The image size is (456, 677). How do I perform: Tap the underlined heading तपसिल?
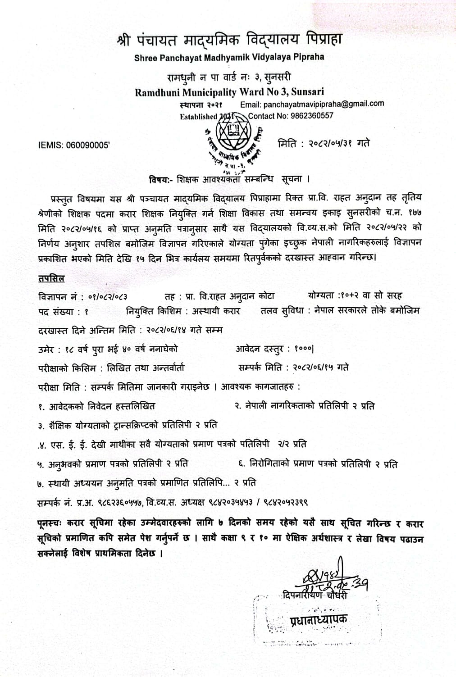51,279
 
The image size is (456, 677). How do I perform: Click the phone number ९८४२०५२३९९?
284,501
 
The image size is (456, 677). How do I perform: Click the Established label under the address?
198,116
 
